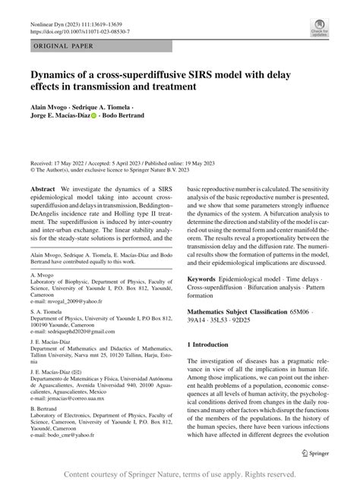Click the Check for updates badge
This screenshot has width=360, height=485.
[x=318, y=29]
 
